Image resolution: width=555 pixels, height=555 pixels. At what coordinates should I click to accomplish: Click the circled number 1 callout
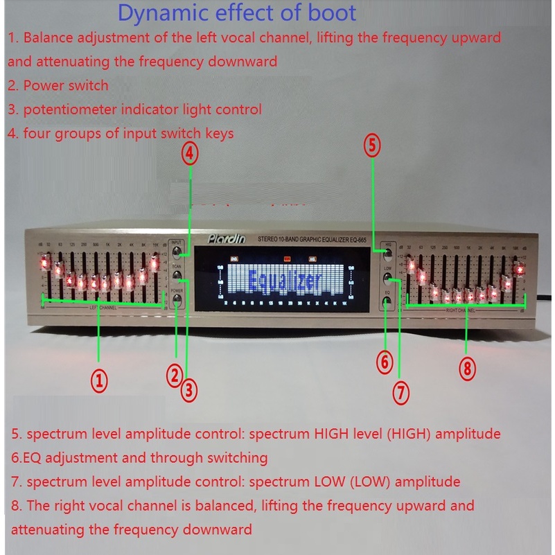pyautogui.click(x=100, y=380)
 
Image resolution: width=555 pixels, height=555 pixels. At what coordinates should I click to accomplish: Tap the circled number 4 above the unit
pyautogui.click(x=191, y=152)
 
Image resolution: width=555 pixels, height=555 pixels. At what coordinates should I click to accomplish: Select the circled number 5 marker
pyautogui.click(x=373, y=146)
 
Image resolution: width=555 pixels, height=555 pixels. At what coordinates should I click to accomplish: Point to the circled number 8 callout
pyautogui.click(x=468, y=368)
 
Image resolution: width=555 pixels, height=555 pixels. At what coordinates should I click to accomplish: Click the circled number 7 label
pyautogui.click(x=402, y=393)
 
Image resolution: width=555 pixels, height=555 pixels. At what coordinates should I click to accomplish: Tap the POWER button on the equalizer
pyautogui.click(x=178, y=300)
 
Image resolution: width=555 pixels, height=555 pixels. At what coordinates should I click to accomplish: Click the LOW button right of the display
pyautogui.click(x=387, y=280)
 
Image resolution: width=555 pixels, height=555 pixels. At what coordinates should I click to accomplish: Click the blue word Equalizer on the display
pyautogui.click(x=285, y=281)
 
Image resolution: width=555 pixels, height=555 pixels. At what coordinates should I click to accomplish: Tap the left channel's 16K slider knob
pyautogui.click(x=155, y=262)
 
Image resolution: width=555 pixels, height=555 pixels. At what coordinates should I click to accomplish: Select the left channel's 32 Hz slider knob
pyautogui.click(x=45, y=263)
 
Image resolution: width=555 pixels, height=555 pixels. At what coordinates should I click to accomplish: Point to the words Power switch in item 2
pyautogui.click(x=66, y=86)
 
